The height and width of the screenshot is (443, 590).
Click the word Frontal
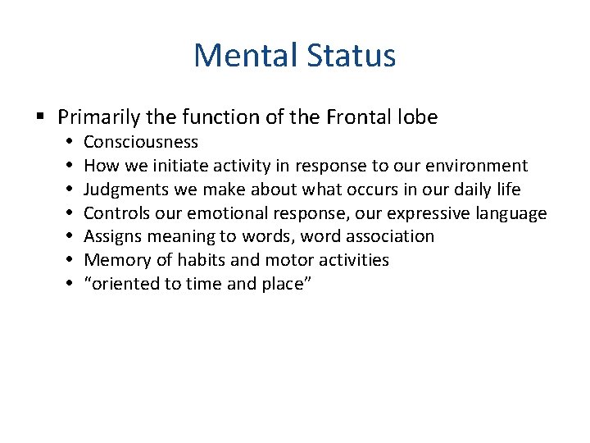(361, 117)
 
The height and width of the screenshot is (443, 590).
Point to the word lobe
(418, 117)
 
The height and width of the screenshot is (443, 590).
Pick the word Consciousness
(141, 142)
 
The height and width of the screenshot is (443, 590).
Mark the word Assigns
(113, 236)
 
